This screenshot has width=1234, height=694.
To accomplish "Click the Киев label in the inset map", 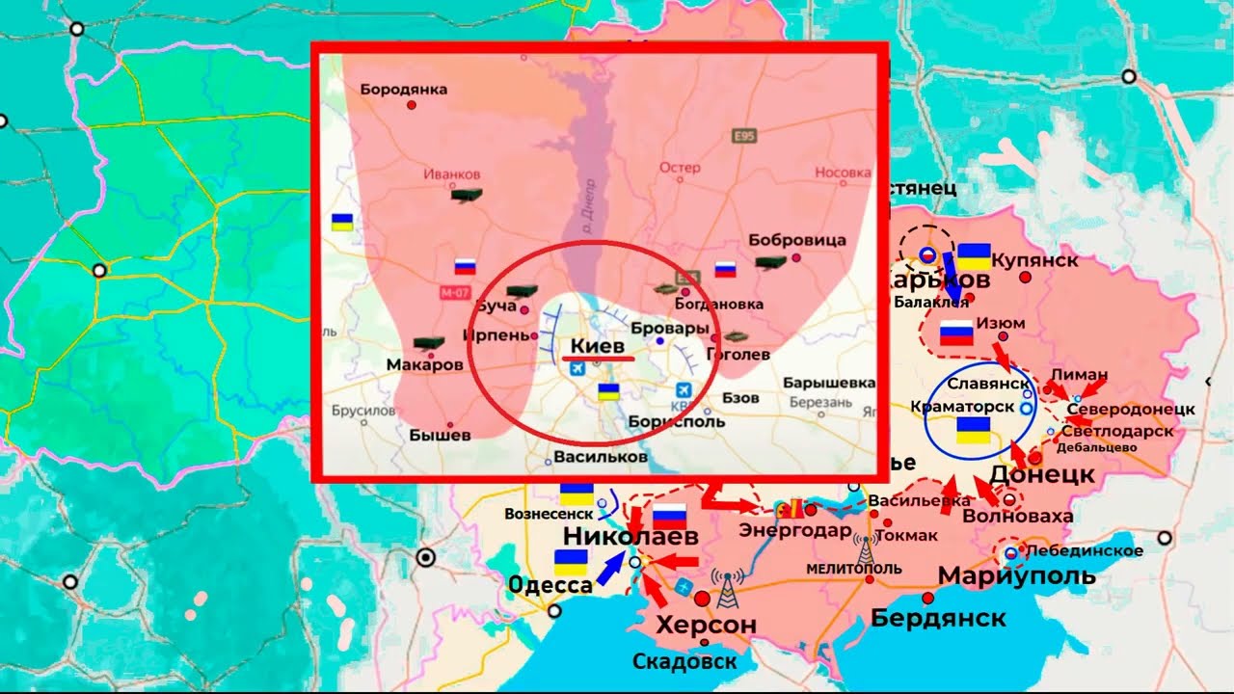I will click(598, 345).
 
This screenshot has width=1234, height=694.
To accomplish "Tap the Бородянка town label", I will click(404, 90).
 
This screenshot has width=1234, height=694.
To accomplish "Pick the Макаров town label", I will click(424, 365).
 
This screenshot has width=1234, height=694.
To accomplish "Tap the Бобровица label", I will click(797, 240).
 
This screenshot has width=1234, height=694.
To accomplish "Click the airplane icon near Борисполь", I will click(684, 390).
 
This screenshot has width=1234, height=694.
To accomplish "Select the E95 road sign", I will click(744, 135).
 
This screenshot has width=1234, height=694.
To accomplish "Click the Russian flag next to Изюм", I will click(956, 334).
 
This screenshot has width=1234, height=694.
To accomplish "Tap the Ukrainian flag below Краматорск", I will click(974, 431).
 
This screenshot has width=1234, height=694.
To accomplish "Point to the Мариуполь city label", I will click(1016, 576).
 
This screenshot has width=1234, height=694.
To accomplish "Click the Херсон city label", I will click(706, 625).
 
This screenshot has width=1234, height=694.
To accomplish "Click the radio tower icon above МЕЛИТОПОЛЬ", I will click(866, 547).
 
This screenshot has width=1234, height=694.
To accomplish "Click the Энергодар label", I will click(795, 530).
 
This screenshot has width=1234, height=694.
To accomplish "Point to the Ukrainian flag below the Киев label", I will click(608, 391).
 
